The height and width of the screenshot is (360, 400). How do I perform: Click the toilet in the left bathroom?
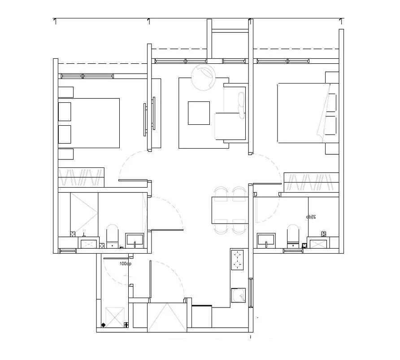click(112, 234)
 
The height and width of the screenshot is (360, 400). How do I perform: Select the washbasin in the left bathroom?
click(135, 240)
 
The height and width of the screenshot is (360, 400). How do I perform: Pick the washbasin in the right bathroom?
click(267, 240)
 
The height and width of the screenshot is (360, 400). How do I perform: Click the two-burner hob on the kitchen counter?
click(237, 260)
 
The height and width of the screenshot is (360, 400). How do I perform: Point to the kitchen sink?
click(239, 296)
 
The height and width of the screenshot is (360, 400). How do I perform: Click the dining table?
click(230, 210)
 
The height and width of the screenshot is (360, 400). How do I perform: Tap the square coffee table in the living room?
click(199, 113)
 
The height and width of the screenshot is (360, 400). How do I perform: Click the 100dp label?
click(126, 263)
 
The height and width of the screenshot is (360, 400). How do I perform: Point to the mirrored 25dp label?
click(311, 217)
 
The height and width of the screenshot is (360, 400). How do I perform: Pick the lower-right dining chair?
click(238, 228)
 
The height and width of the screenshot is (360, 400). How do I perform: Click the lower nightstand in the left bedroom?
click(66, 154)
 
